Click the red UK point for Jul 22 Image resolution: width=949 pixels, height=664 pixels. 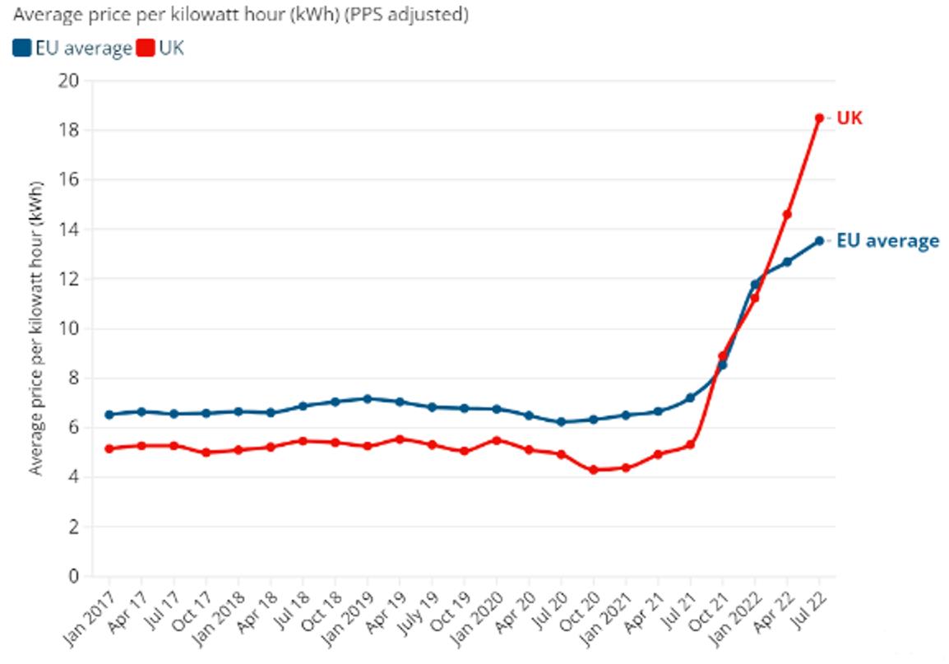pyautogui.click(x=819, y=118)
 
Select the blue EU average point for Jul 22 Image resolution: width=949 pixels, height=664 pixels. pyautogui.click(x=819, y=240)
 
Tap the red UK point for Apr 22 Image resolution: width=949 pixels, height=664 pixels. pyautogui.click(x=787, y=214)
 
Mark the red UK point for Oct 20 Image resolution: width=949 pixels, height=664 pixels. pyautogui.click(x=593, y=470)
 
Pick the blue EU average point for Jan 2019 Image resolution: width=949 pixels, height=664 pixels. pyautogui.click(x=368, y=399)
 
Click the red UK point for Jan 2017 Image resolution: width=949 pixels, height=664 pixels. pyautogui.click(x=109, y=448)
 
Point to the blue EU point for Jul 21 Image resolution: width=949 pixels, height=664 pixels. pyautogui.click(x=690, y=398)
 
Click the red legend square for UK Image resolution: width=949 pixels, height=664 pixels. pyautogui.click(x=146, y=49)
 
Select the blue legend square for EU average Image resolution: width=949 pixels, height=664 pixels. pyautogui.click(x=22, y=49)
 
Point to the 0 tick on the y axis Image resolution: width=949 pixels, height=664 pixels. pyautogui.click(x=74, y=576)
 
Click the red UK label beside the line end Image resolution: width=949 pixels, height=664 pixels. pyautogui.click(x=849, y=118)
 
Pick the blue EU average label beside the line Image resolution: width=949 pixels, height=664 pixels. pyautogui.click(x=887, y=241)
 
